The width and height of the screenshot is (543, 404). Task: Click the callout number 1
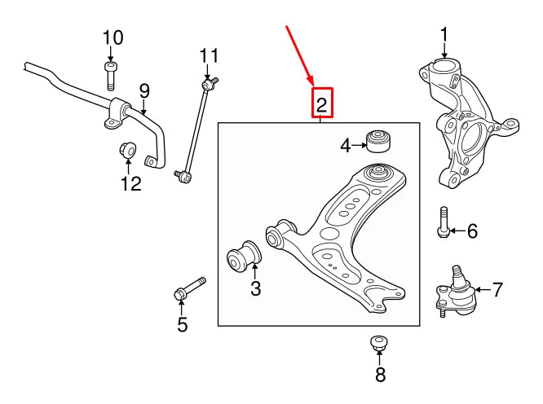(x=444, y=34)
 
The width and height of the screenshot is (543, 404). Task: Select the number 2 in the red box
(x=321, y=103)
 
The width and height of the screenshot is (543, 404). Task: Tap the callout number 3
(x=255, y=288)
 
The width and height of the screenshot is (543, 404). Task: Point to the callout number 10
(x=113, y=37)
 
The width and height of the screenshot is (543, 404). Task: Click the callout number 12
(x=131, y=183)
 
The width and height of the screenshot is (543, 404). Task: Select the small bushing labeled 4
(x=377, y=141)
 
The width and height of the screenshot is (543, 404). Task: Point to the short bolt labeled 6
(x=442, y=222)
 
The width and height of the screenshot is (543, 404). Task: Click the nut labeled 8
(x=378, y=343)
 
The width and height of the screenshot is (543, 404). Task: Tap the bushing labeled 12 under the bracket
(x=127, y=150)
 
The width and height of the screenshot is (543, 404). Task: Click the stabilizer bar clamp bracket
(x=115, y=112)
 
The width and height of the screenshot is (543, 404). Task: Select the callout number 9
(x=144, y=90)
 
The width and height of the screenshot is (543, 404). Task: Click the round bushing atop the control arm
(x=377, y=173)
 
